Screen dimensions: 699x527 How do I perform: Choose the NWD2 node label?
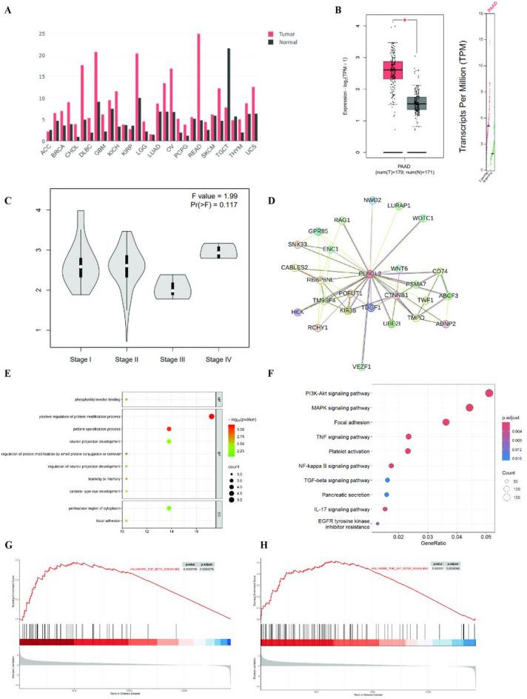click(x=372, y=200)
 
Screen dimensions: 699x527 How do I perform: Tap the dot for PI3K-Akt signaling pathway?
click(x=489, y=393)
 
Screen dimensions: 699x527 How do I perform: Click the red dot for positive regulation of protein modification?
click(x=212, y=416)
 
